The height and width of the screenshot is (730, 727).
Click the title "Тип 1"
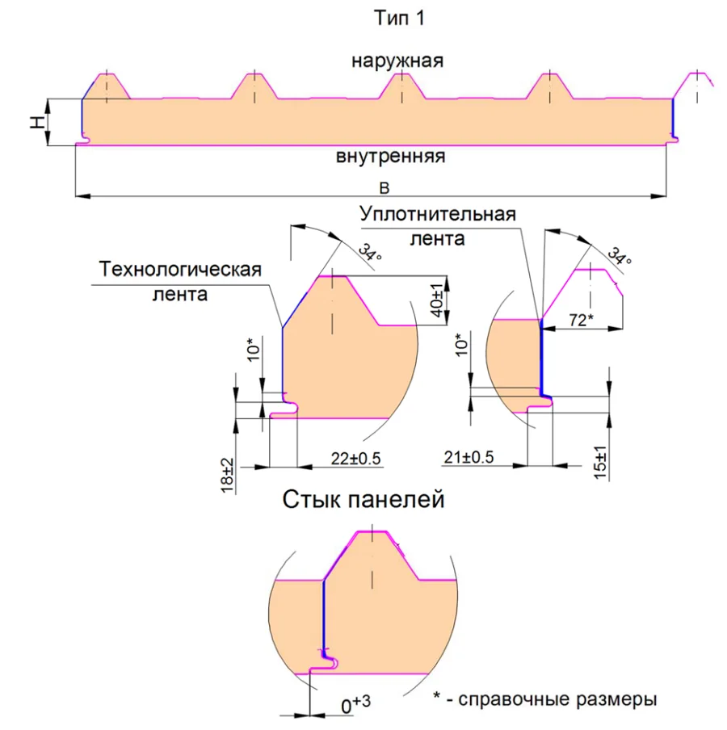[x=399, y=18]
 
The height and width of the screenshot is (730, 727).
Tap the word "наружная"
[x=397, y=61]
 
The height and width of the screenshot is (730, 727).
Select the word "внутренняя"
[x=390, y=157]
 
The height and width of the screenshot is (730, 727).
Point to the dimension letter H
[x=37, y=123]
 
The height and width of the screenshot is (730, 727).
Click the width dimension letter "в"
[x=385, y=187]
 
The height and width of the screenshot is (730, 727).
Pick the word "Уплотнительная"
[x=438, y=215]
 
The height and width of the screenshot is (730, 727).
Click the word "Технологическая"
[x=180, y=270]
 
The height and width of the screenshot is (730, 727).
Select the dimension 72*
[x=582, y=320]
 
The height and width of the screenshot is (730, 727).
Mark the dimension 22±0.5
[x=355, y=459]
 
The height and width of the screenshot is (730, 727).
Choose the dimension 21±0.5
[x=469, y=457]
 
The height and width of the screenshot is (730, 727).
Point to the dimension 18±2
[x=227, y=476]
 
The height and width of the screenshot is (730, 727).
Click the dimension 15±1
[x=600, y=462]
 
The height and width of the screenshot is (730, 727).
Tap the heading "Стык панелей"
[x=363, y=499]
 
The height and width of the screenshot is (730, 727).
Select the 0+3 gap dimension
[x=355, y=703]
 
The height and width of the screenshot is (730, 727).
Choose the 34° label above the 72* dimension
[x=620, y=256]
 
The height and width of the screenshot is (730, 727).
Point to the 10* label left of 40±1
[x=253, y=350]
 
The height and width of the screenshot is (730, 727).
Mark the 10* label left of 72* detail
[x=460, y=345]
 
